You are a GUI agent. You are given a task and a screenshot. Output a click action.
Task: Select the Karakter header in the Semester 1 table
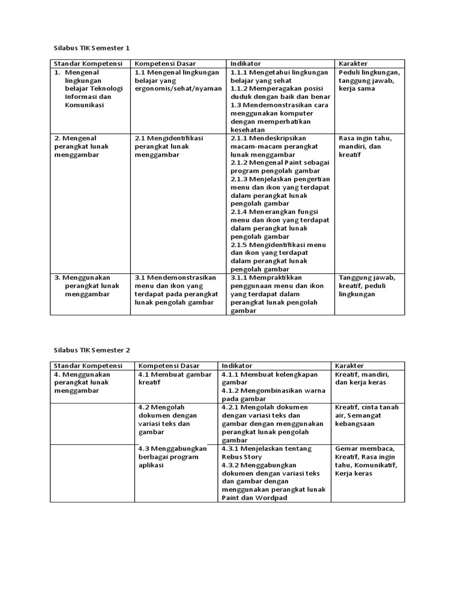click(x=353, y=63)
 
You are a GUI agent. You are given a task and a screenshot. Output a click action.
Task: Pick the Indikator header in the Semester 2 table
click(x=237, y=365)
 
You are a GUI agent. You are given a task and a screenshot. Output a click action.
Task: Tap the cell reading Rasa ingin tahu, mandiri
click(x=365, y=146)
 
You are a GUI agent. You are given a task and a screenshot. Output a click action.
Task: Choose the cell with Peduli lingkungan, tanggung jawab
click(x=369, y=80)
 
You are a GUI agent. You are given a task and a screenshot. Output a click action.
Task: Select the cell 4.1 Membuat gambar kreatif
click(x=174, y=378)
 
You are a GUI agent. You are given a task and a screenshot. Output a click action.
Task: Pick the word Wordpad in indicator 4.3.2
click(x=271, y=498)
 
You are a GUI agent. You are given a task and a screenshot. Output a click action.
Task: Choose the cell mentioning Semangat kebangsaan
click(x=366, y=416)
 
